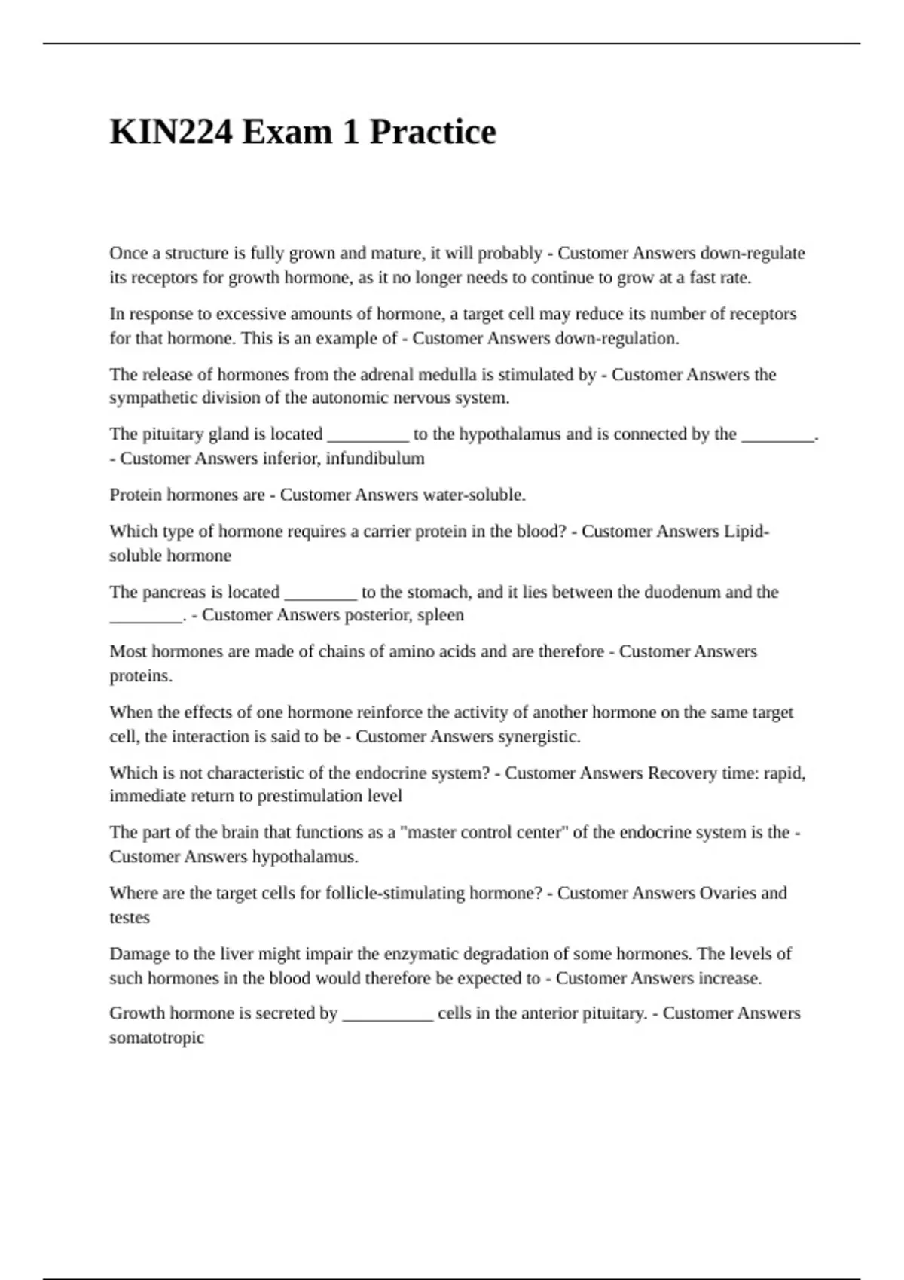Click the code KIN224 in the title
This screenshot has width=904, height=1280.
point(171,133)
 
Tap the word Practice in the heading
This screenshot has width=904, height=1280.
point(432,133)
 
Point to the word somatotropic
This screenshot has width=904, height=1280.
point(157,1038)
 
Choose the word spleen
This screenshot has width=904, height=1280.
point(441,615)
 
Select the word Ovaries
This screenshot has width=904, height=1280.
point(728,893)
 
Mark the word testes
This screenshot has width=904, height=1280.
point(130,918)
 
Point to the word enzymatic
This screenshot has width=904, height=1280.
point(421,954)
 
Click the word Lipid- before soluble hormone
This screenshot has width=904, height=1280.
point(746,532)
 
